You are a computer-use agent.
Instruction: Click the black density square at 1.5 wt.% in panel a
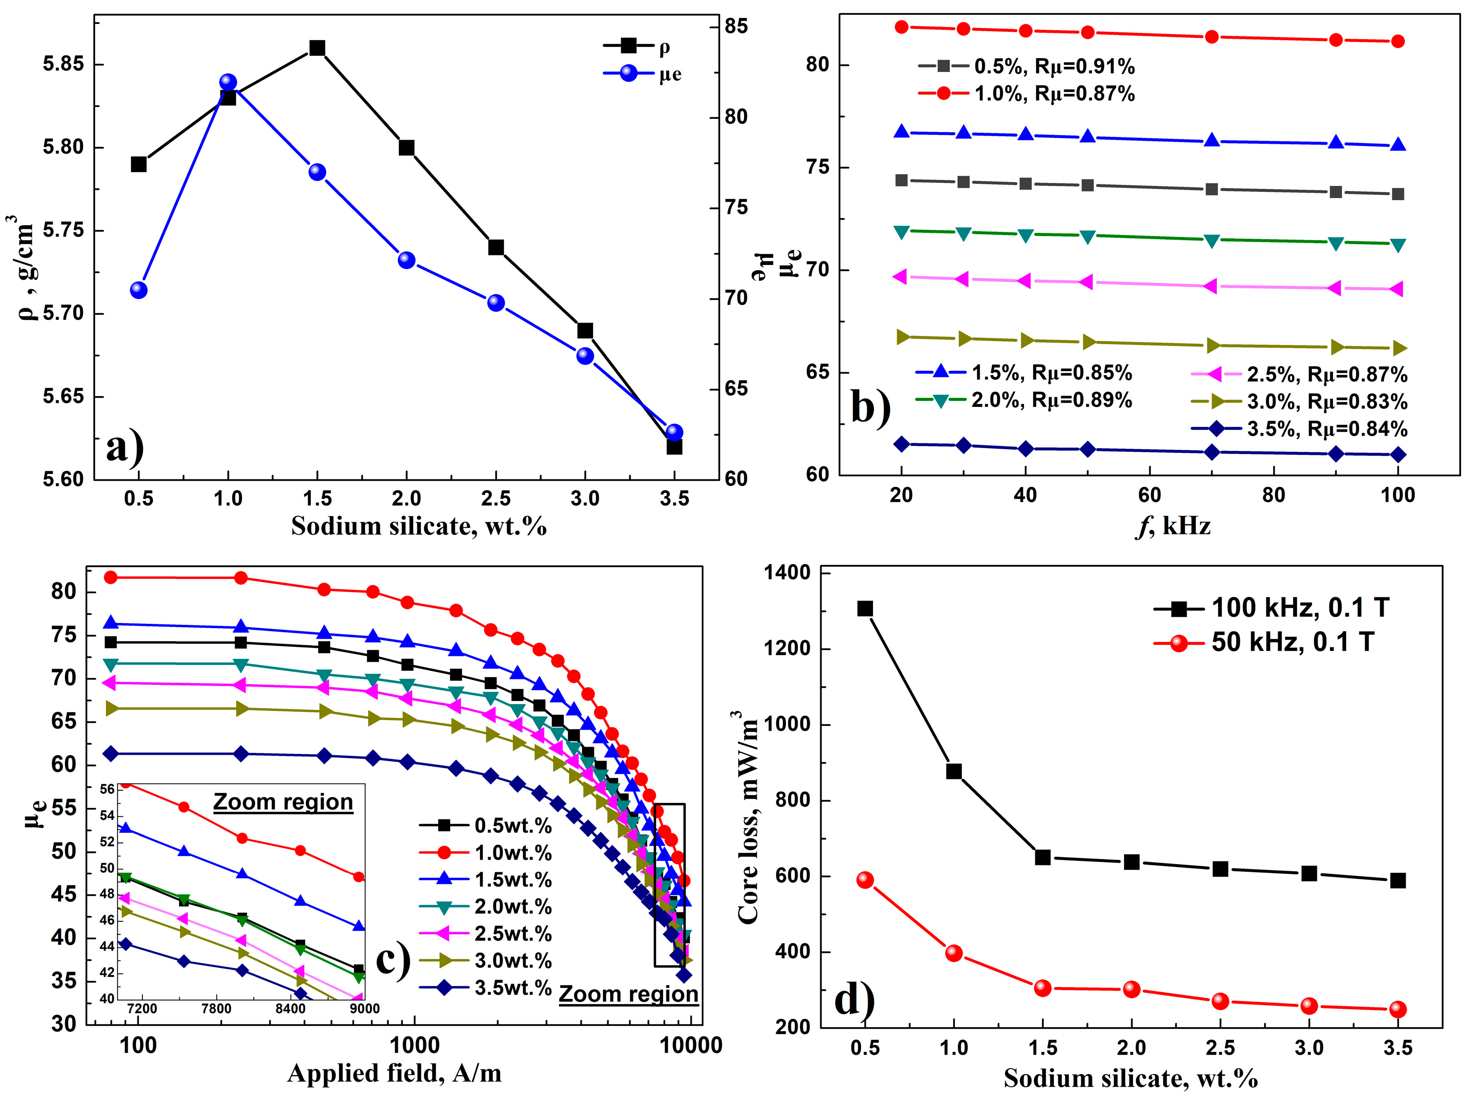(x=317, y=48)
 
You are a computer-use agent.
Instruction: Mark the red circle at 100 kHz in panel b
(x=1398, y=41)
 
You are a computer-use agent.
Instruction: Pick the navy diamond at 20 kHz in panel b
(x=901, y=444)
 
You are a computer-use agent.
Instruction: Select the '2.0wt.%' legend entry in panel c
(x=512, y=906)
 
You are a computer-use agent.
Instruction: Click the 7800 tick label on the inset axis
(x=216, y=1008)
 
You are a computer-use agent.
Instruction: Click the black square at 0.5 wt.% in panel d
(x=865, y=609)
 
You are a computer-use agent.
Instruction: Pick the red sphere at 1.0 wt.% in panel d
(x=954, y=953)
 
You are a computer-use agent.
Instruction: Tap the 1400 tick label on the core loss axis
(x=787, y=572)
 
